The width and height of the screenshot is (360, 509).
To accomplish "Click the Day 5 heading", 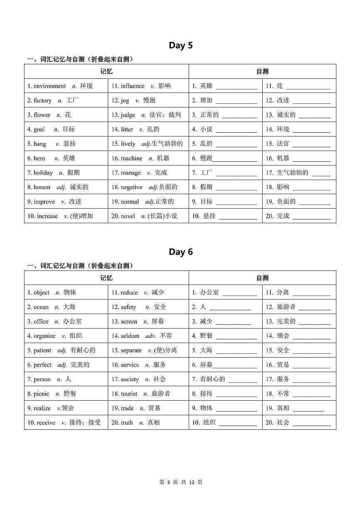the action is tap(180, 46).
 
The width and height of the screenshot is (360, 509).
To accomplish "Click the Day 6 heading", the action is tap(180, 252).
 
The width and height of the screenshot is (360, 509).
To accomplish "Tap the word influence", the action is tap(133, 86).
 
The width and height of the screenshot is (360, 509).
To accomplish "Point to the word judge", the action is tap(128, 115).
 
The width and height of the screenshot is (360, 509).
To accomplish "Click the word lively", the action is tap(128, 144).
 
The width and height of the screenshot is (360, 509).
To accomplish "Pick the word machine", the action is tap(131, 158).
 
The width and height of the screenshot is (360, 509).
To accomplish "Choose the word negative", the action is tap(131, 188).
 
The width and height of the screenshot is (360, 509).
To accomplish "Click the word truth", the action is tap(127, 423).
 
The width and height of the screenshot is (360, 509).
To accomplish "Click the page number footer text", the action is tap(180, 482).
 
